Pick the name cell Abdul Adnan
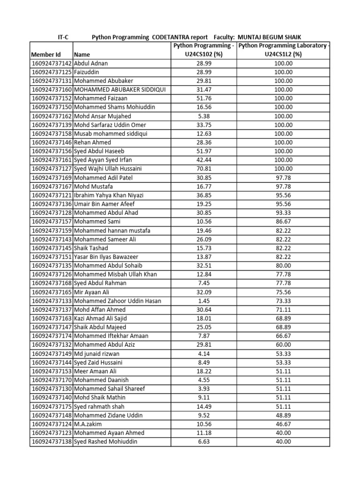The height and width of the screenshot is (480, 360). coord(91,63)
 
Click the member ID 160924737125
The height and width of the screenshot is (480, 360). coord(51,72)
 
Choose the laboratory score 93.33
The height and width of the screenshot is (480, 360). coord(283,213)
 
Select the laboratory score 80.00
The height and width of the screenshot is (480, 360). coord(283,266)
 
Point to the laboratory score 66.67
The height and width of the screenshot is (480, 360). coord(283,336)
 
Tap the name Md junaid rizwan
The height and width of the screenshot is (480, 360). coord(97,354)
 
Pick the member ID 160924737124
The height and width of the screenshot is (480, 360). coord(51,424)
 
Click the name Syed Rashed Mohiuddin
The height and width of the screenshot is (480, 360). coord(106,442)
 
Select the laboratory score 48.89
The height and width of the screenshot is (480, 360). coord(283,415)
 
